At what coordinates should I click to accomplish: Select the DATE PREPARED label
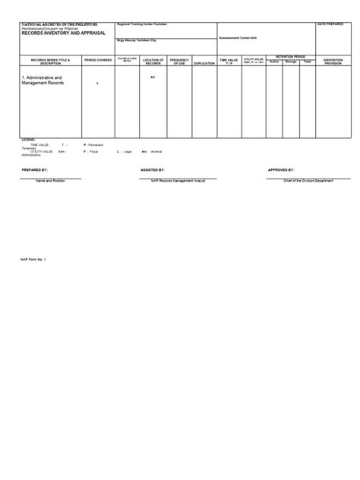pyautogui.click(x=331, y=24)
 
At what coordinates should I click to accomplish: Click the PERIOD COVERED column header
pyautogui.click(x=99, y=59)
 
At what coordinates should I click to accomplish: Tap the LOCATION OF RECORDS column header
pyautogui.click(x=153, y=61)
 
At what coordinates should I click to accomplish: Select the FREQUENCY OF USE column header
pyautogui.click(x=179, y=61)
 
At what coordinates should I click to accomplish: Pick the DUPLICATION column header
pyautogui.click(x=204, y=63)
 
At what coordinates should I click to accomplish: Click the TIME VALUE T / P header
pyautogui.click(x=229, y=61)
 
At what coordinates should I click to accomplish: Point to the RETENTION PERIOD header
pyautogui.click(x=289, y=55)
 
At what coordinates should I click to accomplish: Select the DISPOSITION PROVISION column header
pyautogui.click(x=333, y=61)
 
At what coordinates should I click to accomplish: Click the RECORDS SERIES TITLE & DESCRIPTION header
pyautogui.click(x=45, y=61)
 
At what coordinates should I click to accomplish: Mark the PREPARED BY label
pyautogui.click(x=35, y=170)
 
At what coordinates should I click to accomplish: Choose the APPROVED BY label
pyautogui.click(x=280, y=170)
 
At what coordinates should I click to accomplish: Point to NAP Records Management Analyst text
pyautogui.click(x=177, y=182)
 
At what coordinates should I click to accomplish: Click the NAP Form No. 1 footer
pyautogui.click(x=33, y=259)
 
